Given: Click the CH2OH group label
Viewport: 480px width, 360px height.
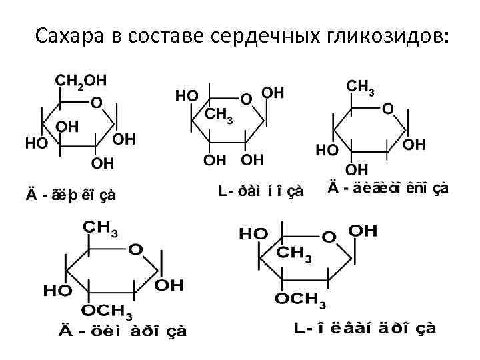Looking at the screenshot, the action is [x=80, y=80].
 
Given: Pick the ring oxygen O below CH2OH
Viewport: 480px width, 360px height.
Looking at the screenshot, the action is [x=97, y=103].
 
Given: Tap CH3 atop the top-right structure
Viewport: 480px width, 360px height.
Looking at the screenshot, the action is [x=361, y=87].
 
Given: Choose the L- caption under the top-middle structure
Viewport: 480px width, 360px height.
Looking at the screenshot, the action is [x=261, y=191].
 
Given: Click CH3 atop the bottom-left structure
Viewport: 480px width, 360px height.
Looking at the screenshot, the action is [x=100, y=229].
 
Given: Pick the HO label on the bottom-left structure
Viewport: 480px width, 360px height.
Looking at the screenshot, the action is [x=58, y=291].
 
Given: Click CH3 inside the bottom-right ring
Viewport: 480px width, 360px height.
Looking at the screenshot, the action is [x=294, y=254].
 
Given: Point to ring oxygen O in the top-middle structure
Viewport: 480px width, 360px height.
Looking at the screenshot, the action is [x=246, y=99].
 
